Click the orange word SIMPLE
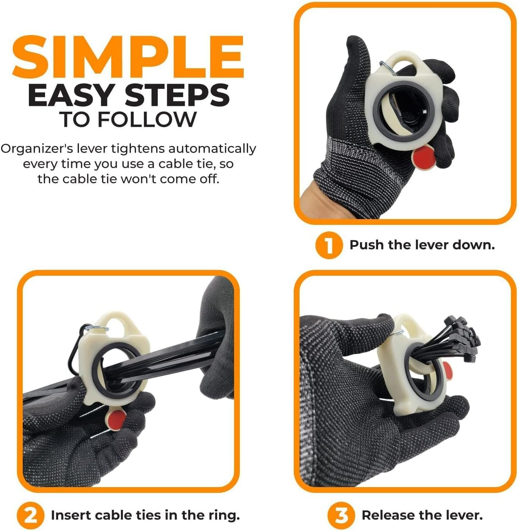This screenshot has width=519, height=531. pos(128,57)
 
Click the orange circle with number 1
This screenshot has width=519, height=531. pos(329,245)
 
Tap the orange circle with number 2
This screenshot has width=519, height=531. pos(30,516)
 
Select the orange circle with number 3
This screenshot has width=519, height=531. pos(341,516)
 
